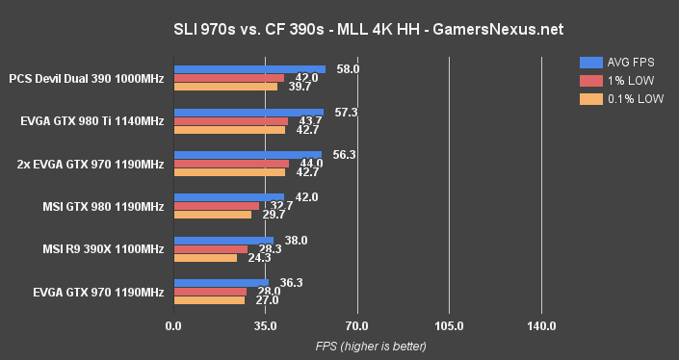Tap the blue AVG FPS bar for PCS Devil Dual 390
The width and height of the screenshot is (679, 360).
[x=248, y=69]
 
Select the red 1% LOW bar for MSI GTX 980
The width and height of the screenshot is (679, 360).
[x=216, y=206]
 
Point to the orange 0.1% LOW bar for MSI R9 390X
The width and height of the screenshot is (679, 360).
[x=204, y=258]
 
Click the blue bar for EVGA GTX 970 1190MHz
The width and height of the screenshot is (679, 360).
[x=221, y=283]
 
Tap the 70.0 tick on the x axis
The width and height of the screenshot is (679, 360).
[x=357, y=326]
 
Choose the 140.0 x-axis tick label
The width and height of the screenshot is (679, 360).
[x=541, y=326]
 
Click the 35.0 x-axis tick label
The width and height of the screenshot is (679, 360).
[x=265, y=326]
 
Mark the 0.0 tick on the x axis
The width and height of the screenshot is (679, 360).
[x=173, y=326]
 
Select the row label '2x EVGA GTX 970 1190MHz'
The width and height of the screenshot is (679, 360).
[x=91, y=164]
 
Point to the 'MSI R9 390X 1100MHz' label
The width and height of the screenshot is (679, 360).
[x=103, y=249]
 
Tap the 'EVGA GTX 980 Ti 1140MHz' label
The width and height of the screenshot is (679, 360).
[x=91, y=121]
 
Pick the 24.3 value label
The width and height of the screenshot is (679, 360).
[x=259, y=258]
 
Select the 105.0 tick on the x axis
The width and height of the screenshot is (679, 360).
[x=449, y=326]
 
